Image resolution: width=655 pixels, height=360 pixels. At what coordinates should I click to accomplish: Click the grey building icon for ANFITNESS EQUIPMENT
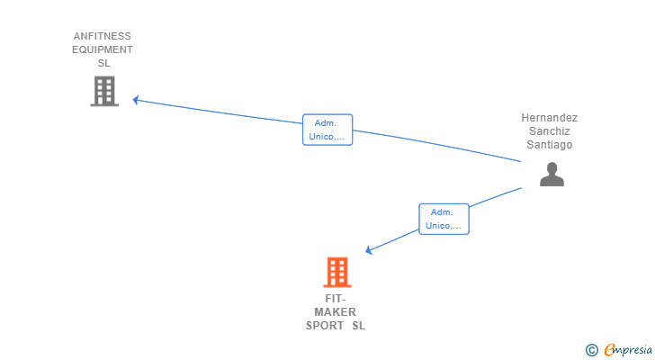(x=104, y=91)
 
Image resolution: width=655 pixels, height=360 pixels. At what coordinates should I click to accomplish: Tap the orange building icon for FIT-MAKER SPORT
(x=337, y=272)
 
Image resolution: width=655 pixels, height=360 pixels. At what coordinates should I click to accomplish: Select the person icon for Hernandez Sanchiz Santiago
(x=552, y=174)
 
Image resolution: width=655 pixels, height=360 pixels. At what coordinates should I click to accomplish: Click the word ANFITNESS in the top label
(x=103, y=36)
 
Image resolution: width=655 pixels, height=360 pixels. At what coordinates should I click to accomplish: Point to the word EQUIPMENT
(x=103, y=49)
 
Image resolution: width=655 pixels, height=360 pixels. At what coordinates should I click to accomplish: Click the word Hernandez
(x=550, y=118)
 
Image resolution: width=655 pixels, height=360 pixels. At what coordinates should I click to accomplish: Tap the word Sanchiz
(x=550, y=131)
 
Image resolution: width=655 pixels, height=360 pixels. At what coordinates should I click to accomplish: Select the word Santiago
(x=550, y=145)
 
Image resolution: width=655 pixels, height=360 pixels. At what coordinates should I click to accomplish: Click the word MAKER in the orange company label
(x=335, y=312)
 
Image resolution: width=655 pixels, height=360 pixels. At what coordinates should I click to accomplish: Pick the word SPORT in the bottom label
(x=325, y=326)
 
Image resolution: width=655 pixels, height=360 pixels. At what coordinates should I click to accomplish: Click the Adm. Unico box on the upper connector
(x=327, y=130)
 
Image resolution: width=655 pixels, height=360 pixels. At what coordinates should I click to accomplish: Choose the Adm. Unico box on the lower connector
(x=444, y=219)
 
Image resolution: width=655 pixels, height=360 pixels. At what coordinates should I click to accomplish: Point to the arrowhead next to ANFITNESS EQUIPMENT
(x=136, y=100)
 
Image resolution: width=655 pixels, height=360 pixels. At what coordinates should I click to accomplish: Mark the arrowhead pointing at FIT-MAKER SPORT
(x=369, y=250)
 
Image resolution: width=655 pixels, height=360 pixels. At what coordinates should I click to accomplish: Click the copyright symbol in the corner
(x=591, y=350)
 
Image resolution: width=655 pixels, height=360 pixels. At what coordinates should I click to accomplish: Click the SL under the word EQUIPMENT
(x=103, y=63)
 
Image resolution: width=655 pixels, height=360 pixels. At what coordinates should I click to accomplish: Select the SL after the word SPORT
(x=359, y=326)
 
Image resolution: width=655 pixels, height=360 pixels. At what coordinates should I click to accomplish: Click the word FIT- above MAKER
(x=335, y=299)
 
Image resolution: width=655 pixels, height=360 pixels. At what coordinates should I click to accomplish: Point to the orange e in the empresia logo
(x=609, y=350)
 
